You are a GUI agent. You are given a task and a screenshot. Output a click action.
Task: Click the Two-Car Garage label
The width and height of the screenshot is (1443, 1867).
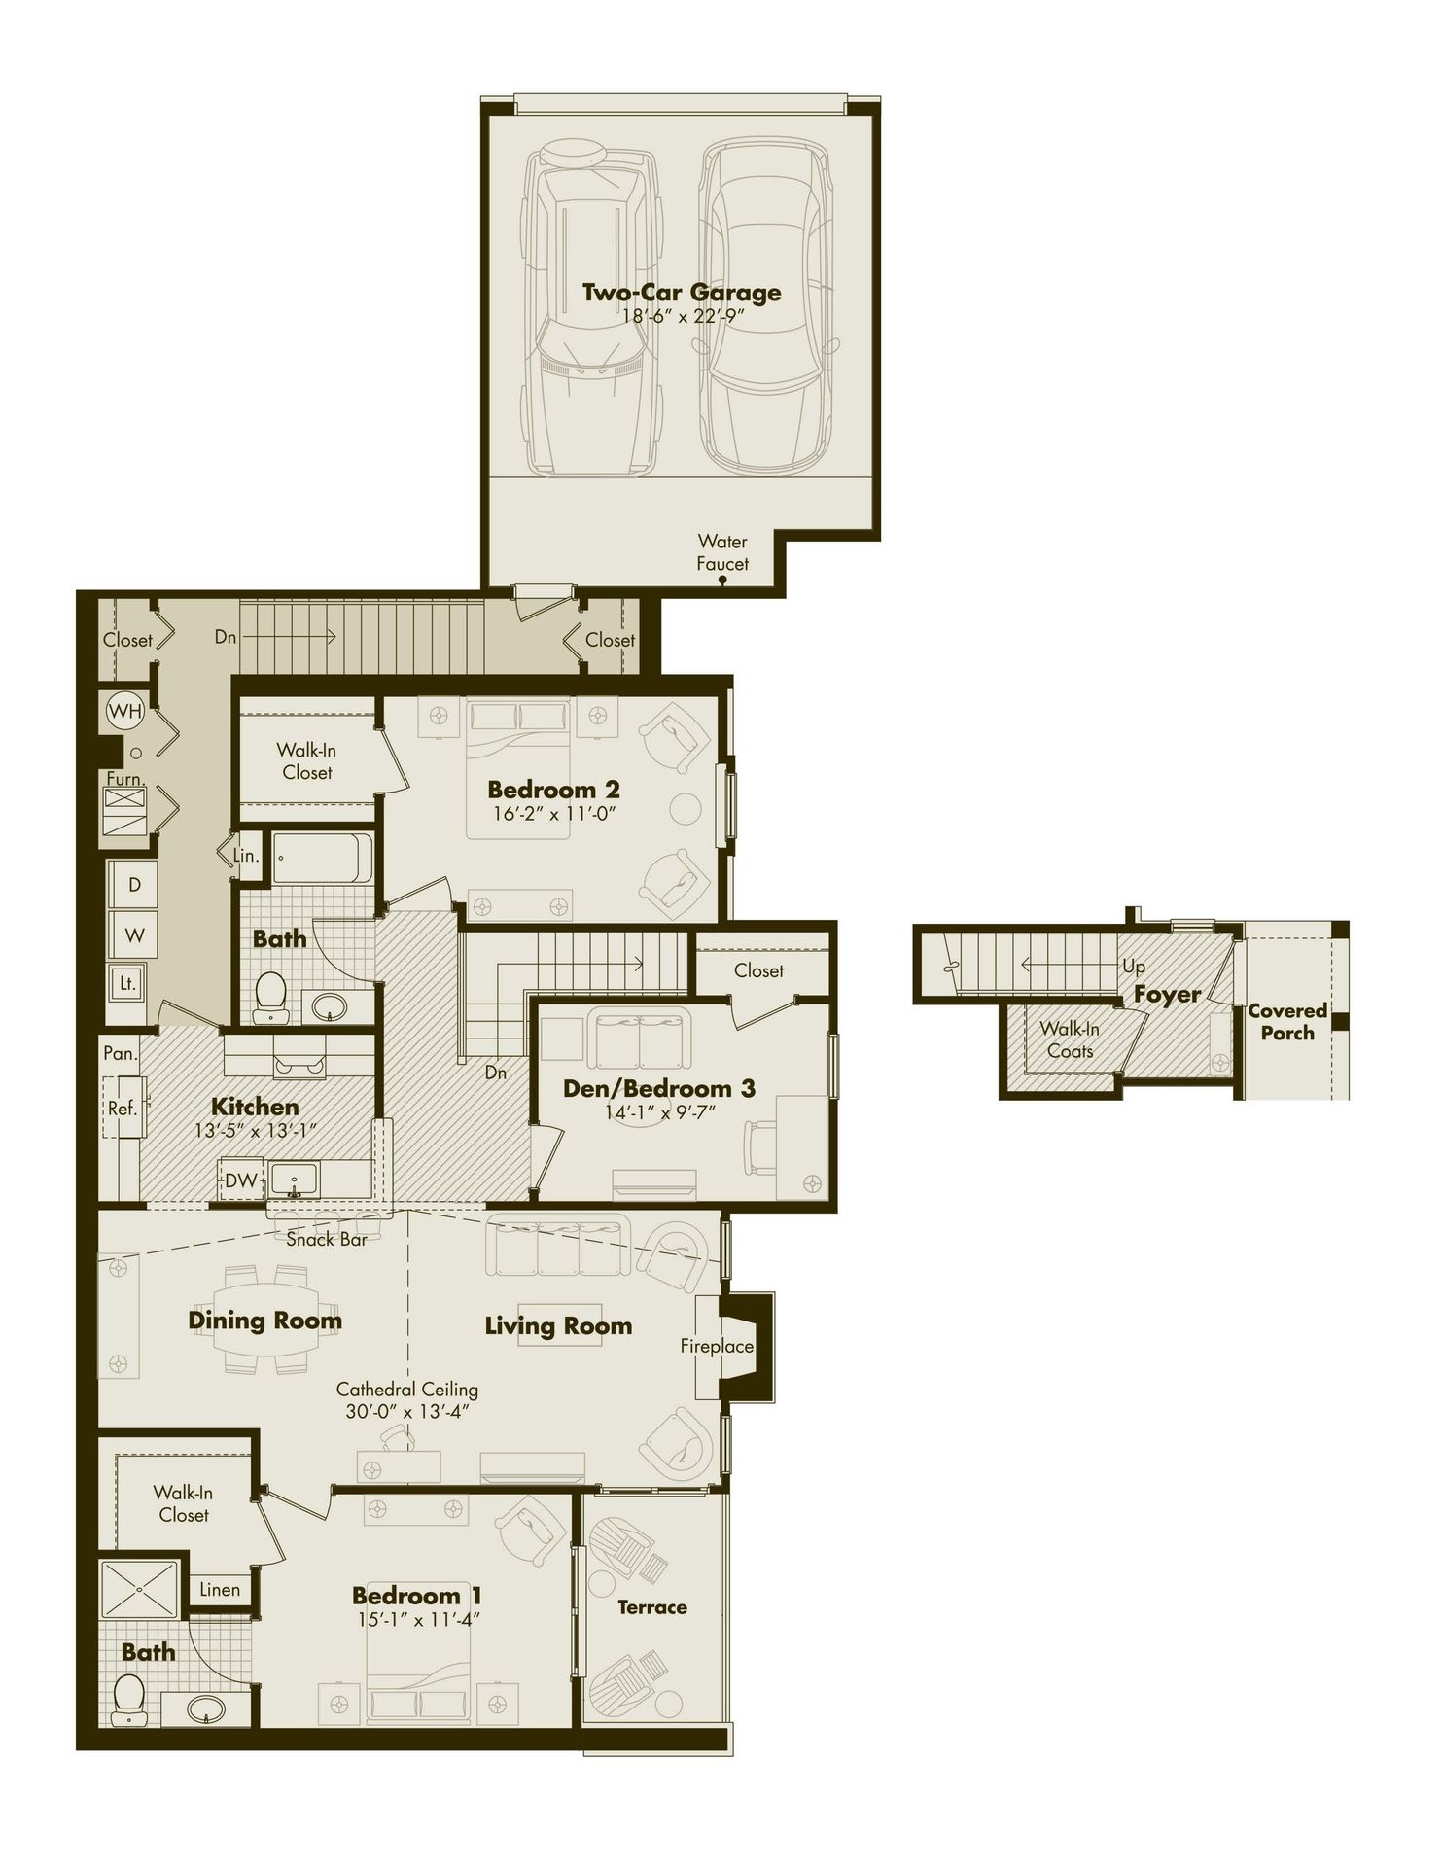click(x=681, y=292)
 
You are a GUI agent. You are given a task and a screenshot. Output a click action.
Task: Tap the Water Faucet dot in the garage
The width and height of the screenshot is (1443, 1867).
click(x=722, y=581)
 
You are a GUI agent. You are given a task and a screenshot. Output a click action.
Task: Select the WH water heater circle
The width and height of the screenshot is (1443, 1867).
click(x=125, y=711)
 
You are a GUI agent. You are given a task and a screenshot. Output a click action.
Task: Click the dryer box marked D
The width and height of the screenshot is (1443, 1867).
click(x=134, y=885)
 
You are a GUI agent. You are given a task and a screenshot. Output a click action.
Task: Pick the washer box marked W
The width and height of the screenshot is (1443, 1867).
click(x=134, y=935)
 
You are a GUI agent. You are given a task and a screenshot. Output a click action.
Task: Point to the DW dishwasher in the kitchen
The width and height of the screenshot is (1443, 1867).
click(x=240, y=1180)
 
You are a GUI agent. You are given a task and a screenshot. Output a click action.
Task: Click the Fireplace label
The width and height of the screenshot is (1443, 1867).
click(x=717, y=1346)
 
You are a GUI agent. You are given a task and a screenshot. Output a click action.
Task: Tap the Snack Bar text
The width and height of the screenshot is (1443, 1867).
click(x=326, y=1240)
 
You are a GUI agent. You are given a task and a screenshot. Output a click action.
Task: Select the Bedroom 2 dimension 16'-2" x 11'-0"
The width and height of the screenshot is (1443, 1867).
click(x=554, y=814)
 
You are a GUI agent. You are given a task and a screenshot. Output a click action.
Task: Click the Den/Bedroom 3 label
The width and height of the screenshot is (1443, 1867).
click(x=659, y=1088)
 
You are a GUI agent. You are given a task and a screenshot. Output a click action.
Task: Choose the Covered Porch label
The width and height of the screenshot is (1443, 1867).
click(x=1287, y=1022)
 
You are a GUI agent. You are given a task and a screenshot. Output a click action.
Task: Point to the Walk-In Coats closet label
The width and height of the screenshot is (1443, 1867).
click(x=1070, y=1039)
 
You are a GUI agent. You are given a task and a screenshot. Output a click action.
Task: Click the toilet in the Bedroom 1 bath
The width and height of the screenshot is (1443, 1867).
click(x=129, y=1699)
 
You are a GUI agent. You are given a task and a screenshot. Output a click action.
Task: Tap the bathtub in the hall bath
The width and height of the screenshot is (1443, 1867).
click(x=321, y=858)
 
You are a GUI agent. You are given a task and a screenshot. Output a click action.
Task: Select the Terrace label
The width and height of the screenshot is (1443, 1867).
click(x=652, y=1608)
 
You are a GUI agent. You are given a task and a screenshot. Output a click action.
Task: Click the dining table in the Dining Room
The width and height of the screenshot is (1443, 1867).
click(x=272, y=1320)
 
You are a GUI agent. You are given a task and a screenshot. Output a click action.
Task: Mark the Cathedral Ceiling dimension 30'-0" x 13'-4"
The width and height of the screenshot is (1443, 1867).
click(x=407, y=1411)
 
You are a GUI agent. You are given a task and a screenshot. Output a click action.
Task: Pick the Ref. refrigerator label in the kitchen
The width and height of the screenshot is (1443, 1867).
click(x=122, y=1108)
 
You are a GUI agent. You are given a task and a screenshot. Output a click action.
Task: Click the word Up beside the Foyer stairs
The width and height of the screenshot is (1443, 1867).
click(x=1134, y=967)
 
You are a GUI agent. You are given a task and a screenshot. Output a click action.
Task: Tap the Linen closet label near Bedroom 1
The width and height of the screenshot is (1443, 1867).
click(x=220, y=1590)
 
